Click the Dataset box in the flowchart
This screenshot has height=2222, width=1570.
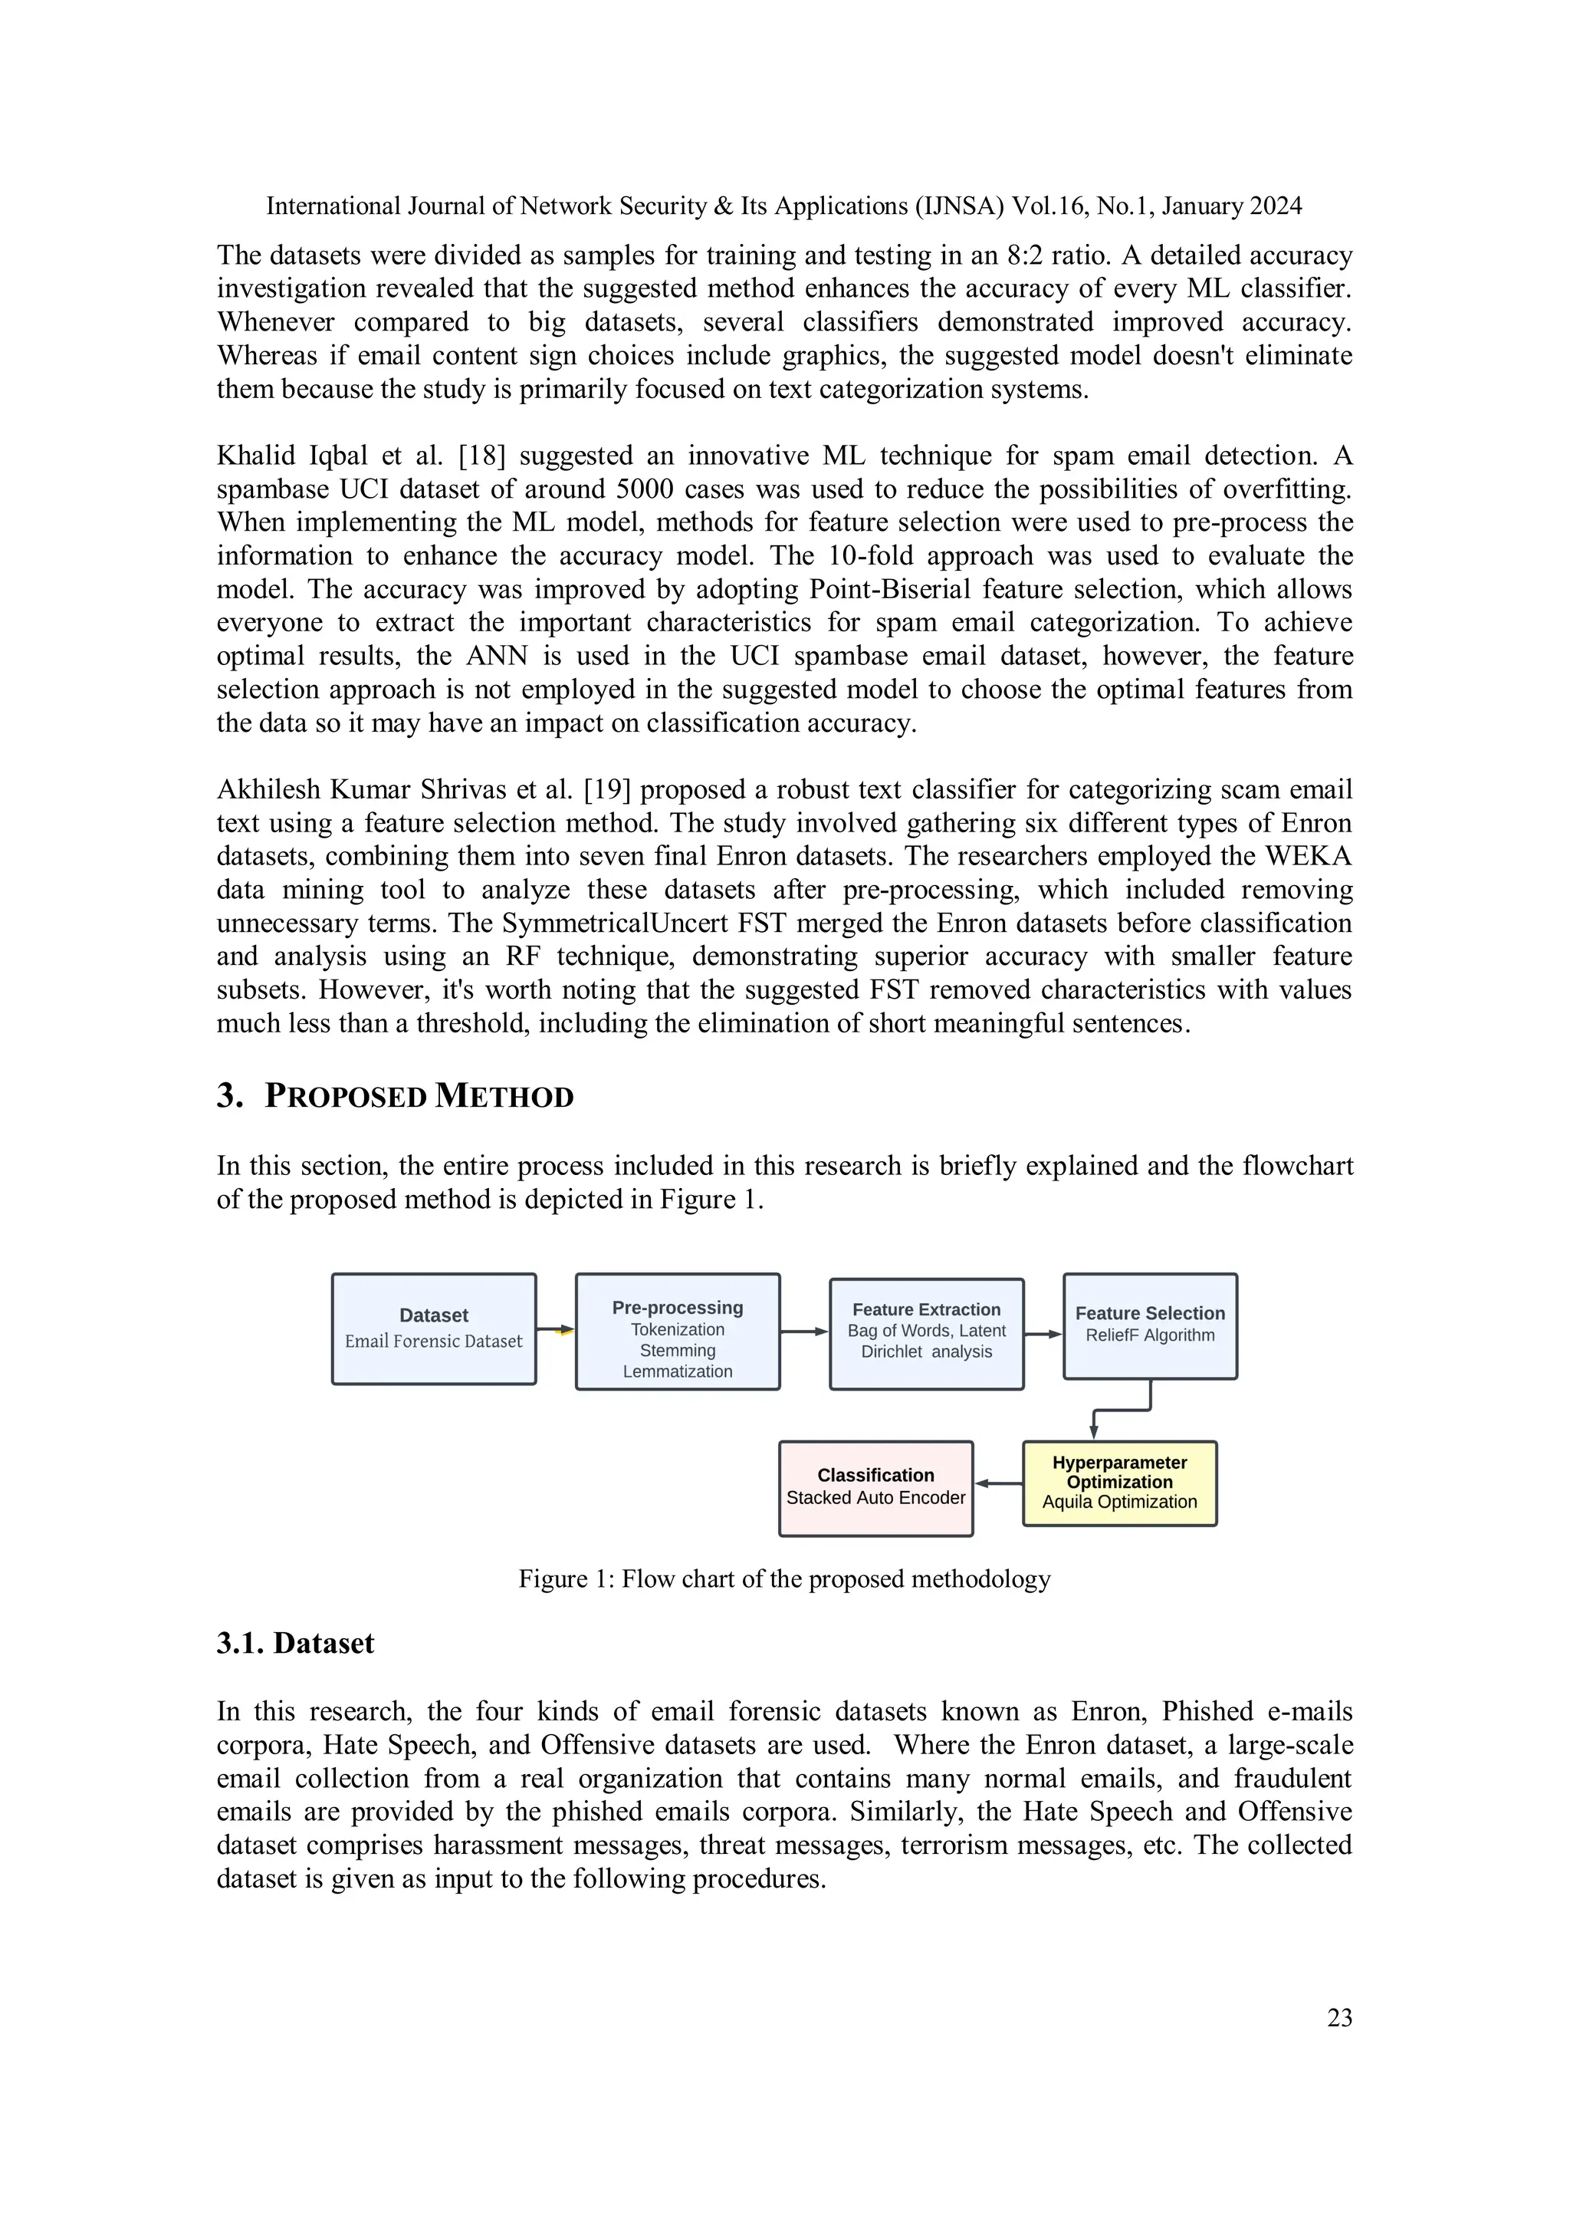coord(433,1328)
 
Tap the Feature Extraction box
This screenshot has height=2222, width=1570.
coord(926,1334)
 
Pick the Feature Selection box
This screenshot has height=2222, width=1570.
coord(1149,1326)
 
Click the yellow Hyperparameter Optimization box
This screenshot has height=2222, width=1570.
coord(1119,1483)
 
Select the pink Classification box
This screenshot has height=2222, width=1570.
coord(875,1487)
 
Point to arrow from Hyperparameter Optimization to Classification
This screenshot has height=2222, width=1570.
coord(998,1483)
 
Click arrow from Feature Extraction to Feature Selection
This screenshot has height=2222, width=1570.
coord(1043,1334)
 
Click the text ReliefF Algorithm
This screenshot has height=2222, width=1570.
coord(1149,1335)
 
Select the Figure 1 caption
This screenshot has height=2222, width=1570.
coord(783,1579)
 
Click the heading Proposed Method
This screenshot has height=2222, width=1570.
coord(418,1097)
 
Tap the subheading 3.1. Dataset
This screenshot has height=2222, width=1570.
coord(295,1643)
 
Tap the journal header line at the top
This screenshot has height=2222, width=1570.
coord(783,206)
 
